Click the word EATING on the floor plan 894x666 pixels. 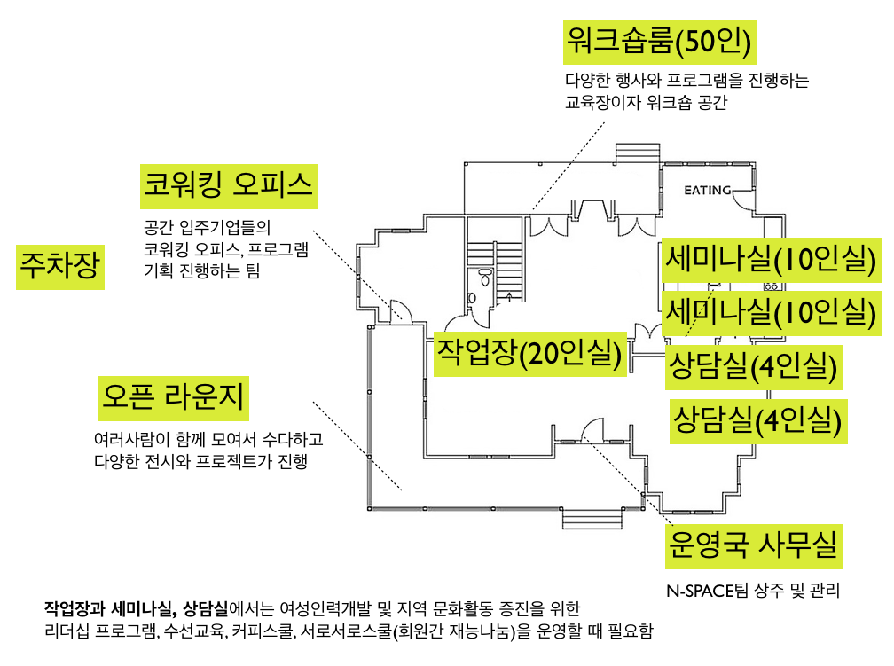point(708,191)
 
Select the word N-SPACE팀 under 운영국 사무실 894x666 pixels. point(701,590)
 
